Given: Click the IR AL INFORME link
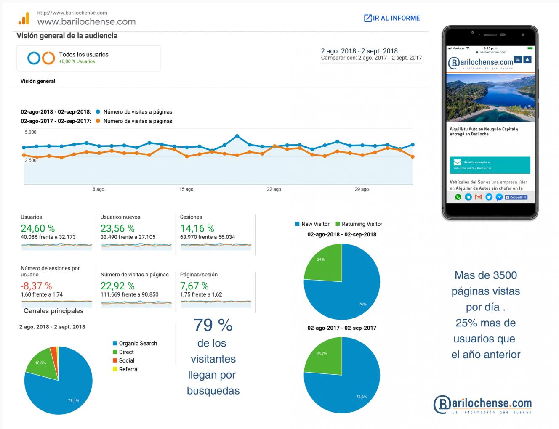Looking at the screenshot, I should click(x=392, y=18).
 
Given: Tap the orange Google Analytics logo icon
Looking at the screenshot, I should click(x=24, y=19).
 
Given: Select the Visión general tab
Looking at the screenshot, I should click(x=38, y=81).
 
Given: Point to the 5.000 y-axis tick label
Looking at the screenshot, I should click(x=31, y=132).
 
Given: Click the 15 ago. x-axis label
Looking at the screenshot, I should click(x=186, y=189).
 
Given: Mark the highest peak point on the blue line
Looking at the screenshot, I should click(x=237, y=136).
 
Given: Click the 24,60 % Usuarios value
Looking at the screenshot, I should click(x=38, y=228).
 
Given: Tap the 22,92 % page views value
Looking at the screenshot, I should click(x=117, y=286).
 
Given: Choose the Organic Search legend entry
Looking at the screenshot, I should click(x=138, y=343).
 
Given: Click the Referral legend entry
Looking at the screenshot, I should click(x=128, y=369).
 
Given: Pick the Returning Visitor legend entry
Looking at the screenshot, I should click(x=362, y=224).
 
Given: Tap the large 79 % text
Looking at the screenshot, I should click(x=213, y=325).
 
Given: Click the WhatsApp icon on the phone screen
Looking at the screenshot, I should click(x=458, y=197).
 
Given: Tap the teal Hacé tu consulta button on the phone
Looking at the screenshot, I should click(x=490, y=165).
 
